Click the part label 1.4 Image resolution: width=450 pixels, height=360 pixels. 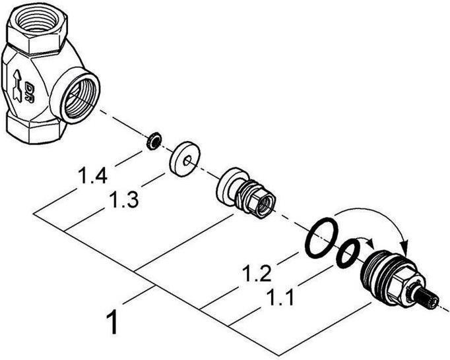click(x=92, y=176)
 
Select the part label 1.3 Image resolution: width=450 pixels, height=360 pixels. click(x=123, y=200)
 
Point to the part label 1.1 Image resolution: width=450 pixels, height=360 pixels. click(x=280, y=296)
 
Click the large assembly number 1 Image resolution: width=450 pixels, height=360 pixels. click(x=113, y=324)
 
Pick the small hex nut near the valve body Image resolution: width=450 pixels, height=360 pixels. click(x=153, y=140)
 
